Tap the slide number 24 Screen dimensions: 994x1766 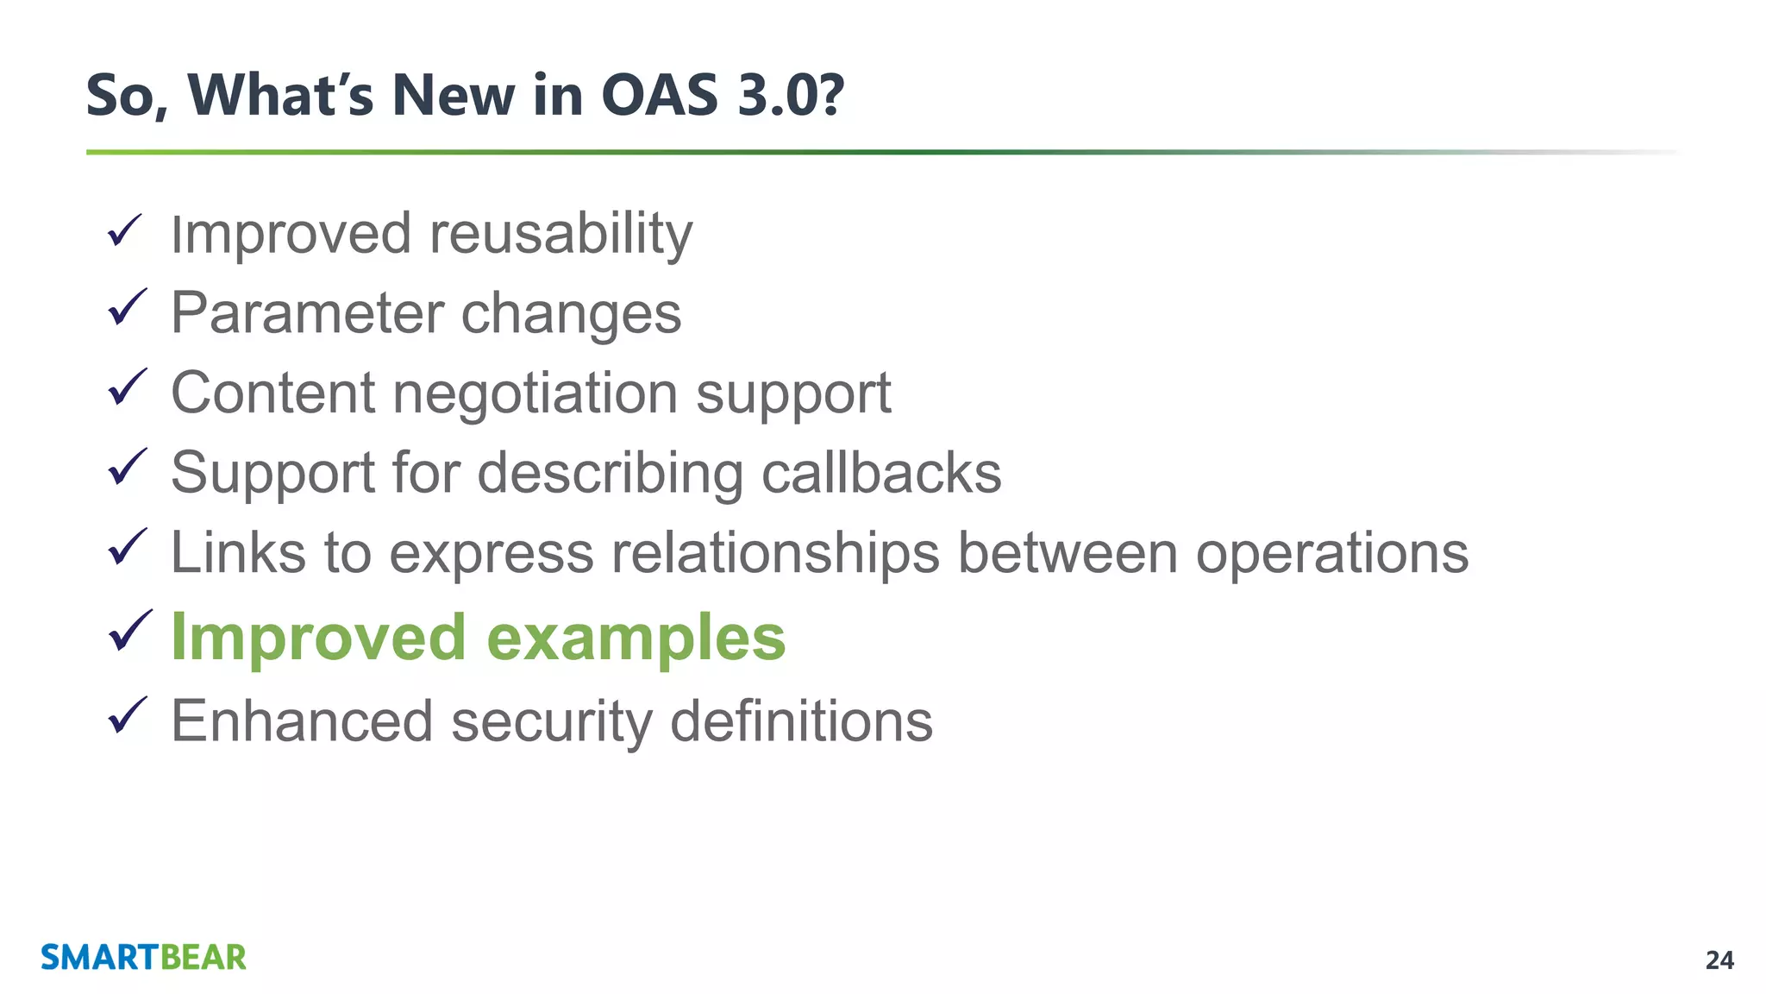click(1719, 960)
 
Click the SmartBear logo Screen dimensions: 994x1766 click(143, 958)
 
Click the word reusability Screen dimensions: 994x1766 click(560, 235)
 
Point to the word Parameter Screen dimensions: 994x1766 click(306, 313)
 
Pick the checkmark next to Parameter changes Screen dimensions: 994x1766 click(127, 308)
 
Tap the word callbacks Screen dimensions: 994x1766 click(881, 473)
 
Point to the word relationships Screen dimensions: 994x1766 click(775, 553)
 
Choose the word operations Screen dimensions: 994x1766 click(1331, 553)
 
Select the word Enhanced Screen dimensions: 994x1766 click(302, 721)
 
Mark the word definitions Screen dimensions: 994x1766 click(801, 721)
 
